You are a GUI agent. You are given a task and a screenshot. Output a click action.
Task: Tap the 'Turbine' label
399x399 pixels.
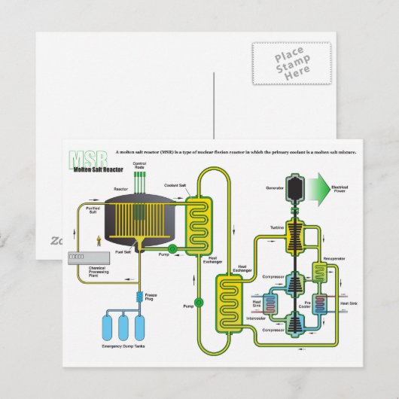coord(276,227)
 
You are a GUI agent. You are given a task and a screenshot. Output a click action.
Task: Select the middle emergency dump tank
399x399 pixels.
coord(123,326)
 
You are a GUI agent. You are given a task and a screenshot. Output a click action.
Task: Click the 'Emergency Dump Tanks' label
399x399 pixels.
coord(122,347)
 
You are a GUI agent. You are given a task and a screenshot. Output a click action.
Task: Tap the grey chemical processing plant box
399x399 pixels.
coord(84,256)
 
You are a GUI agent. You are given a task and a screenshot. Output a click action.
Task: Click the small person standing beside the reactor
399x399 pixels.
coord(98,241)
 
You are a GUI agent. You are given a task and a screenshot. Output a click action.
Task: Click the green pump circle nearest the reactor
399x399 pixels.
coord(172,248)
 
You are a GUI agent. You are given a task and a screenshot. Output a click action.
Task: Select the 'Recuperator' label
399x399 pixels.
coord(334,258)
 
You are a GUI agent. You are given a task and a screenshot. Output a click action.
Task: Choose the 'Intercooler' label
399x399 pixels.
coord(256,318)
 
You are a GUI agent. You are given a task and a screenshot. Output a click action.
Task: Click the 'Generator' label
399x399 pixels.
coord(274,187)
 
